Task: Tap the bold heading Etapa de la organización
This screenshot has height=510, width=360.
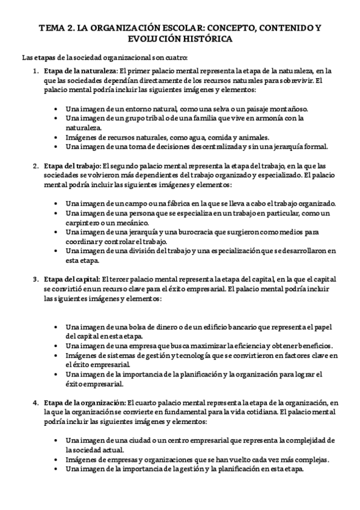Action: pyautogui.click(x=84, y=402)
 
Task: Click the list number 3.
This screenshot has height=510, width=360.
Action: pyautogui.click(x=35, y=279)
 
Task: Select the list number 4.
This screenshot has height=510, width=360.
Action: pyautogui.click(x=35, y=402)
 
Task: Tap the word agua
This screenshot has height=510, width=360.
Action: pyautogui.click(x=198, y=137)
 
